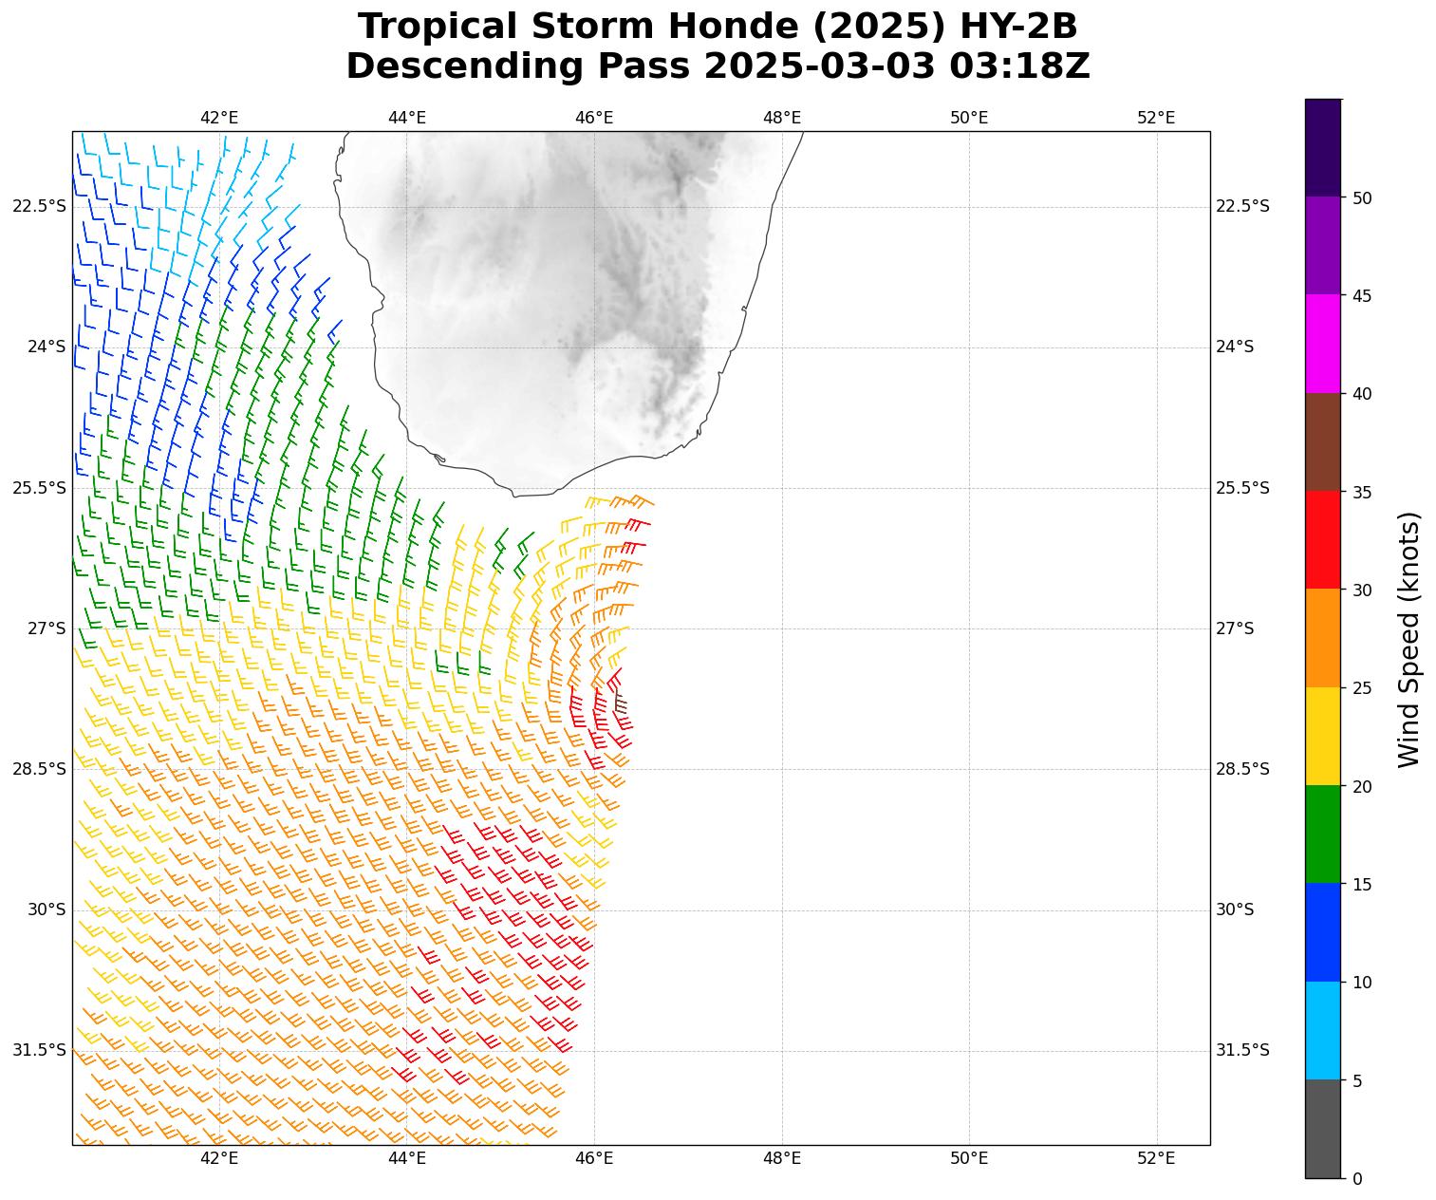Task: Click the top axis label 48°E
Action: [x=782, y=118]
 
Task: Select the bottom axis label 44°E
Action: [x=406, y=1158]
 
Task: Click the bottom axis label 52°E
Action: [x=1156, y=1158]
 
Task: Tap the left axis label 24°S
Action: [x=47, y=347]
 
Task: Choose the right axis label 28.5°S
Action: [x=1242, y=769]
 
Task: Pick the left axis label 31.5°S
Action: [x=40, y=1050]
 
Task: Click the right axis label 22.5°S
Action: [x=1242, y=207]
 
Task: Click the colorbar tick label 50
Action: [x=1362, y=197]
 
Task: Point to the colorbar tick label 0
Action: [x=1357, y=1179]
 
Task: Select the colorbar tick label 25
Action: [x=1362, y=688]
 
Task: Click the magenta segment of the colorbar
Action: [x=1322, y=344]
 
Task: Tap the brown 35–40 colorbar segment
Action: [x=1322, y=441]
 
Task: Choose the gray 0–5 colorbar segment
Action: [x=1322, y=1129]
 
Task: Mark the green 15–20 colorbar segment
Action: [x=1322, y=834]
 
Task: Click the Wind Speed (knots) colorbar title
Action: [x=1410, y=639]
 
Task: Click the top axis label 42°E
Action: [x=219, y=118]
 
